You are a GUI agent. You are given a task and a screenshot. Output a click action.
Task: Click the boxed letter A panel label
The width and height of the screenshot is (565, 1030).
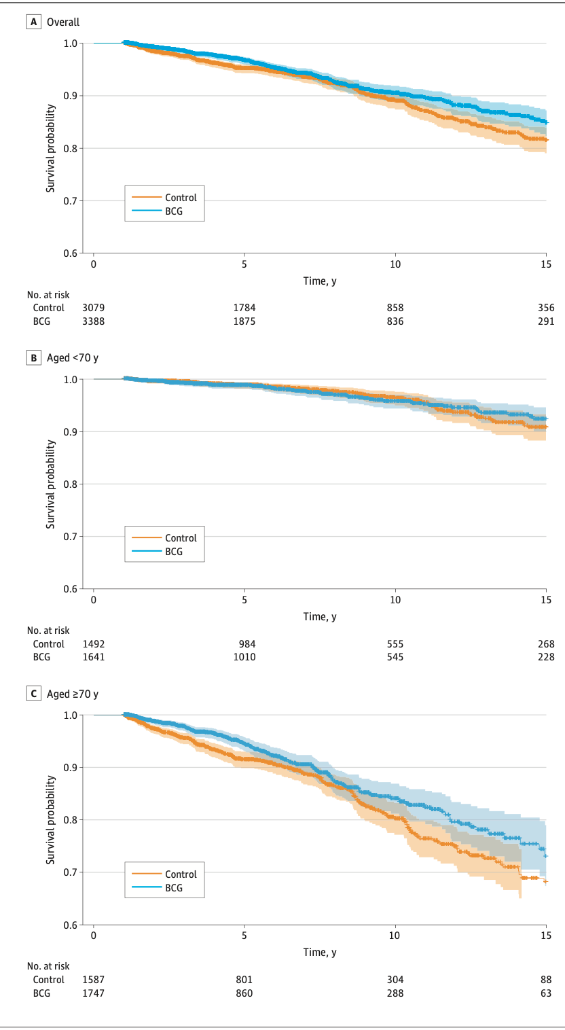[x=33, y=22]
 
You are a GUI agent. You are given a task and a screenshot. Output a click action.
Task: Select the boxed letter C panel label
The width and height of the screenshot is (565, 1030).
[x=33, y=694]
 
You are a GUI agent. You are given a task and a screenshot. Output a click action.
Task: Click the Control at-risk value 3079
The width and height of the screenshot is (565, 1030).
[x=94, y=308]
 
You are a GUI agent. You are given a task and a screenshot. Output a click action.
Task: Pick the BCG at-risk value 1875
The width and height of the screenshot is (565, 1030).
[x=244, y=321]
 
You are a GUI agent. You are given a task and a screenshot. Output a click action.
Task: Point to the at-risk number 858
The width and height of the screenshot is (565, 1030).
[x=395, y=308]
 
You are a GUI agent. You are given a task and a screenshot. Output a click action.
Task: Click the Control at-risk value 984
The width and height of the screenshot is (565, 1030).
[x=244, y=643]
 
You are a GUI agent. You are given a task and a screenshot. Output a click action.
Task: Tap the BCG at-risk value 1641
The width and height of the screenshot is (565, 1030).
[x=94, y=657]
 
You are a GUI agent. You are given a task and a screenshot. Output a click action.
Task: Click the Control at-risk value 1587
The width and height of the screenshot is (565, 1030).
[x=94, y=980]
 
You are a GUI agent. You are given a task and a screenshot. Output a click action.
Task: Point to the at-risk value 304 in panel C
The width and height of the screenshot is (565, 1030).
[x=395, y=980]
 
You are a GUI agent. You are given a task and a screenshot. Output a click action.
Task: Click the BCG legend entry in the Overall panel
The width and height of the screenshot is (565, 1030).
[x=174, y=211]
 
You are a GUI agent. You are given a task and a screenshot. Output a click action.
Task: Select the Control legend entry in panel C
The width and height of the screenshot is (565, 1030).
[x=181, y=874]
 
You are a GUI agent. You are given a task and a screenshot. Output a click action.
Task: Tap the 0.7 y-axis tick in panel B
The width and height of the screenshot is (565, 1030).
[x=70, y=537]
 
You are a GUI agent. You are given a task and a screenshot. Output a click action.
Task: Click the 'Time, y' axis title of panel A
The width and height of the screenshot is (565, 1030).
[x=320, y=281]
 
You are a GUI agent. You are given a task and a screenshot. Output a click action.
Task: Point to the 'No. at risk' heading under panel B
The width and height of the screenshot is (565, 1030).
[x=48, y=631]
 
